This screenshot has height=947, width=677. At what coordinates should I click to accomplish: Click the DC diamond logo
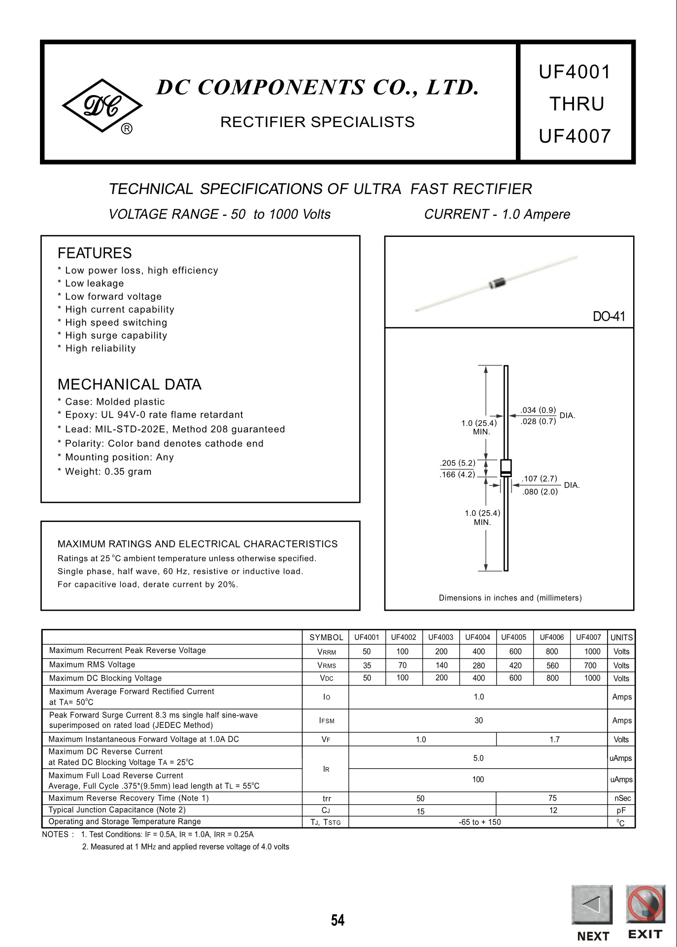tap(102, 106)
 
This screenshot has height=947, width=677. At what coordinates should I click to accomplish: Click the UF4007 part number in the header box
tap(575, 136)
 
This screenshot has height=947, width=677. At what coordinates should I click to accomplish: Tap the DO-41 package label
tap(609, 317)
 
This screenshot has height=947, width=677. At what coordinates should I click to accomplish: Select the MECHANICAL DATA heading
tap(130, 384)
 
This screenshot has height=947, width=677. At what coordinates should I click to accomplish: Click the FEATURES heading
tap(95, 253)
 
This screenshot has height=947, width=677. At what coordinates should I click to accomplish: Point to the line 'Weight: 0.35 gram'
tap(108, 472)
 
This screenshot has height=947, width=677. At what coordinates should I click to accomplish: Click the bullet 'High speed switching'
tap(116, 323)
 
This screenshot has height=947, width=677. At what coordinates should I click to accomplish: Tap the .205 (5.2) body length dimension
tap(458, 463)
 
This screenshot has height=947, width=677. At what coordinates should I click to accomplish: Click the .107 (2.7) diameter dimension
tap(540, 479)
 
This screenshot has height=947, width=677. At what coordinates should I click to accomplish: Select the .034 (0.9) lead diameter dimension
tap(538, 410)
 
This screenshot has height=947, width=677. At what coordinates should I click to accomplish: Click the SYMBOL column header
tap(326, 637)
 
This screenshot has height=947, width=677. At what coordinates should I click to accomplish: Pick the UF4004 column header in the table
tap(477, 637)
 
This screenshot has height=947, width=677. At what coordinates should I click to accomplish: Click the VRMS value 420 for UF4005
tap(515, 665)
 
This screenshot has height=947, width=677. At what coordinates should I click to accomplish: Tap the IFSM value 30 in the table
tap(478, 720)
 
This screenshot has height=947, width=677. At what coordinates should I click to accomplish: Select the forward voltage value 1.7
tap(554, 739)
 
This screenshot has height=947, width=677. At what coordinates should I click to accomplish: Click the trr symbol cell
tap(326, 798)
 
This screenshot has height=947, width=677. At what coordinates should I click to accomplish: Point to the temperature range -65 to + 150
tap(479, 822)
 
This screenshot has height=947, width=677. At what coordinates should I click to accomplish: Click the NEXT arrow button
tap(592, 905)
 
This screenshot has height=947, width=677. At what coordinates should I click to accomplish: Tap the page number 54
tap(338, 920)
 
